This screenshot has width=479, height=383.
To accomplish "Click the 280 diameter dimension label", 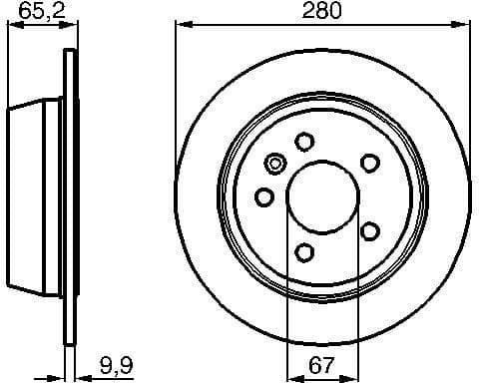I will click(322, 12).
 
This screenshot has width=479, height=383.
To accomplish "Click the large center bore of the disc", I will click(321, 194).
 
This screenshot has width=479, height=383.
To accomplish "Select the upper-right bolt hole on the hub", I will click(369, 162).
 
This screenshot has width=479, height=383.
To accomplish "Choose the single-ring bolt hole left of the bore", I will click(264, 196).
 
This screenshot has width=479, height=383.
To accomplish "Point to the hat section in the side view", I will click(36, 195).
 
